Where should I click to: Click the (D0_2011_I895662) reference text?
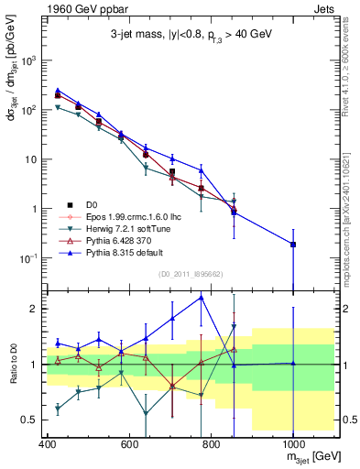click(191, 273)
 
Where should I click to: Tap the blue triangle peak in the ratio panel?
click(202, 297)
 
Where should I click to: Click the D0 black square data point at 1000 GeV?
click(292, 244)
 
